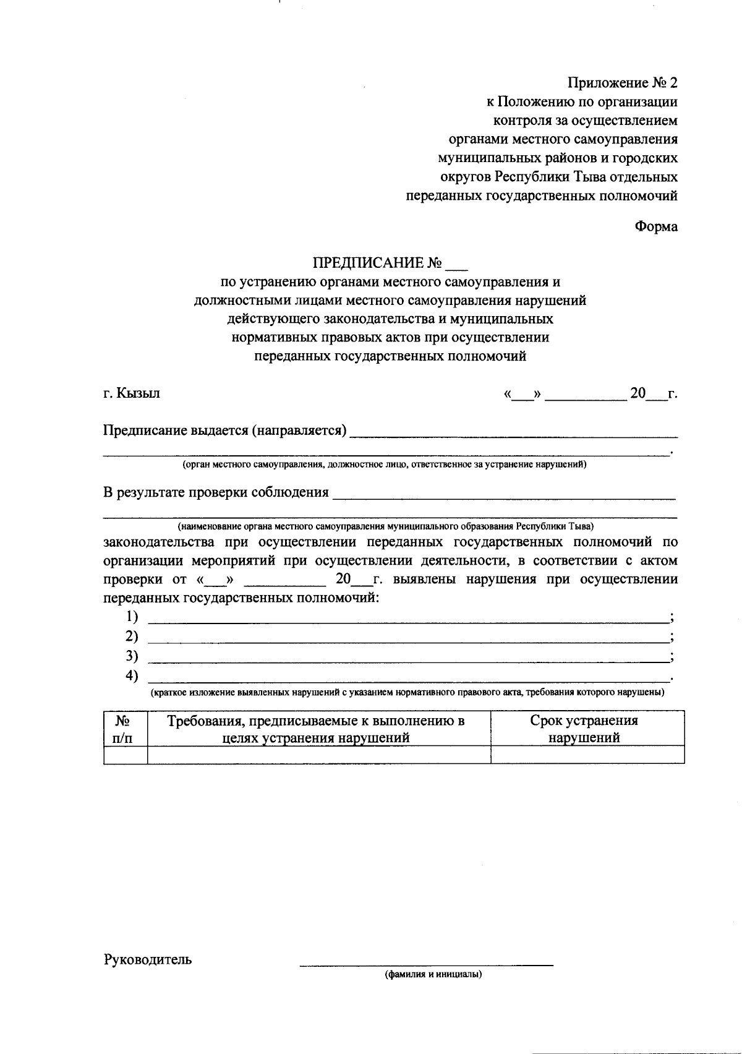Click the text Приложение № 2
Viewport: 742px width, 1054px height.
pos(623,83)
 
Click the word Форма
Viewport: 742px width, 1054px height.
pos(656,226)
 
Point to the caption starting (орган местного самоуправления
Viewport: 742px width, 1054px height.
pos(384,464)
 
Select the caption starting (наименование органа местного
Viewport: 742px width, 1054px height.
pos(386,526)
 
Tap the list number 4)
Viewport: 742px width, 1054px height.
pos(132,675)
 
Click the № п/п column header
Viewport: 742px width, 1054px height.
pos(126,729)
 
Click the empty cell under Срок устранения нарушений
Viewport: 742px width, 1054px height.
pos(587,755)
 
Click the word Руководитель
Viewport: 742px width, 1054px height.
pos(148,959)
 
